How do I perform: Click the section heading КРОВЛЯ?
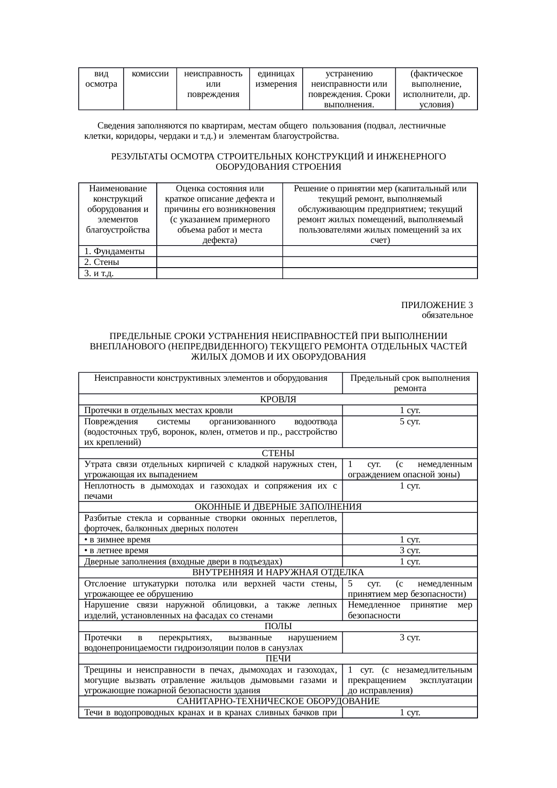coord(278,399)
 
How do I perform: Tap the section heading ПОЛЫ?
coord(278,626)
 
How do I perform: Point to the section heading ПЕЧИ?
coord(278,658)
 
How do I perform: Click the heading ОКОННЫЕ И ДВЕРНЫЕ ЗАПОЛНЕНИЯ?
coord(278,506)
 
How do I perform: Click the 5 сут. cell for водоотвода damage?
coord(410,422)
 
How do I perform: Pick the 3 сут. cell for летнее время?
coord(410,550)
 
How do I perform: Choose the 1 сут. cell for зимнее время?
coord(410,539)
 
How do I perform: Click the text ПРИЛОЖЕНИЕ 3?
coord(437,305)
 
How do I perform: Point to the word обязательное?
coord(447,315)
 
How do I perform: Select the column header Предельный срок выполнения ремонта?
coord(410,383)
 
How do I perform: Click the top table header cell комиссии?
coord(150,74)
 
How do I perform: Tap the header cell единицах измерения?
coord(276,79)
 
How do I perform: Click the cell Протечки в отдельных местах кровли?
coord(158,410)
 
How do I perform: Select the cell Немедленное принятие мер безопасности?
coord(410,610)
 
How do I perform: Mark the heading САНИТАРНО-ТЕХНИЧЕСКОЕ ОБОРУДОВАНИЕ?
coord(278,701)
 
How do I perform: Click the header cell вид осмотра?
coord(101,79)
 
